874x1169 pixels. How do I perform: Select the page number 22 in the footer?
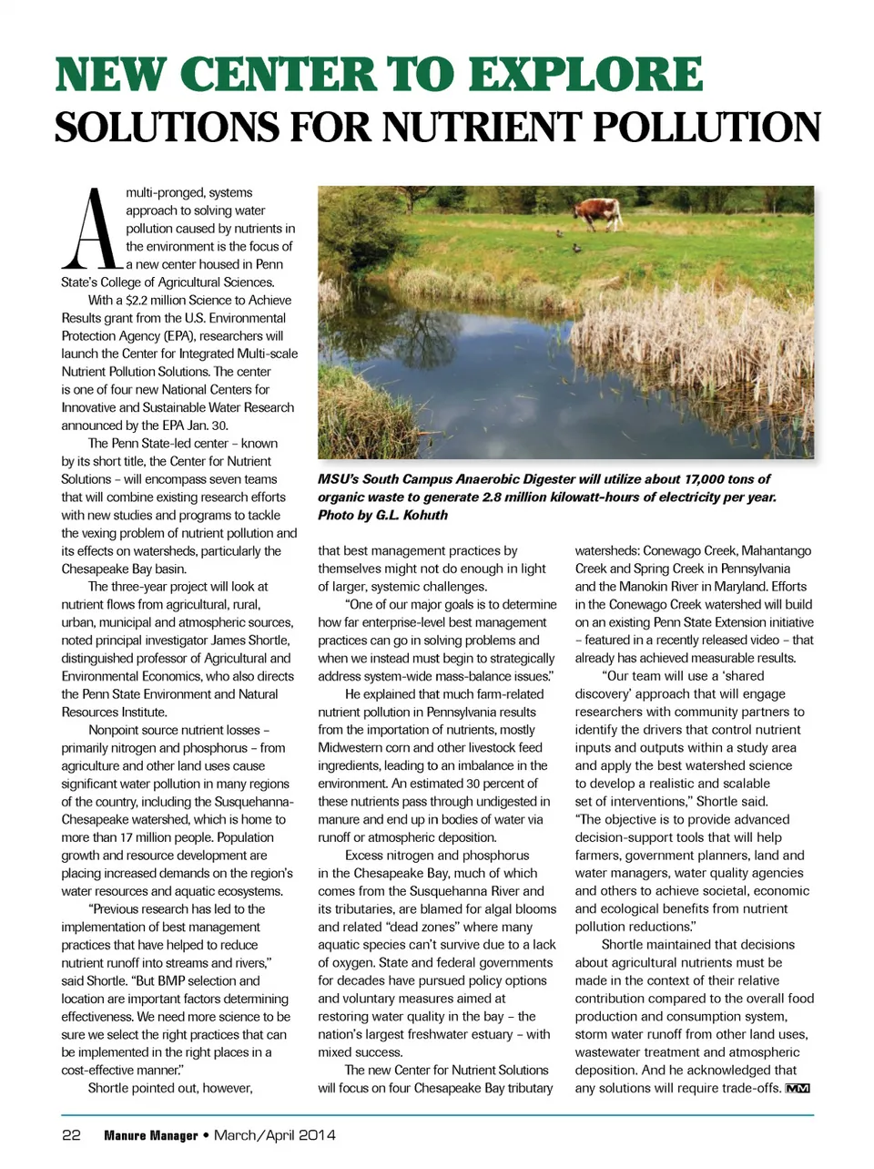71,1135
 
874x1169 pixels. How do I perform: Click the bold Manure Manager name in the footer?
151,1135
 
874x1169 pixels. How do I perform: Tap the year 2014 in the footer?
314,1135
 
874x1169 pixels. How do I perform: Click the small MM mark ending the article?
798,1089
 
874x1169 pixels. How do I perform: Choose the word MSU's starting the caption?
338,479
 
